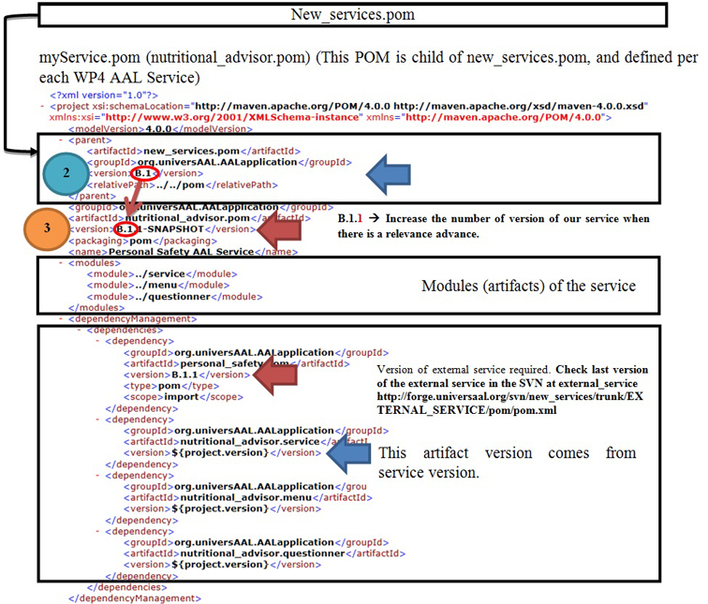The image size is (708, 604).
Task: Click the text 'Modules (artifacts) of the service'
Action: [x=528, y=285]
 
